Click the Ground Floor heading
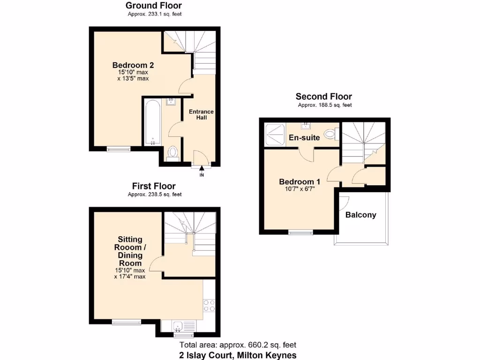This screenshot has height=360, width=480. pyautogui.click(x=154, y=6)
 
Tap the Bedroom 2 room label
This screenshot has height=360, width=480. pyautogui.click(x=133, y=65)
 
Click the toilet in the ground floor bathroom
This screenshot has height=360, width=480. pyautogui.click(x=172, y=152)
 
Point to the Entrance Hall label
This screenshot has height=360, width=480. pyautogui.click(x=201, y=114)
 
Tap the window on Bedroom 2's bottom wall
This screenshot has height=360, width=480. pyautogui.click(x=119, y=149)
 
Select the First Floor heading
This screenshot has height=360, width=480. pyautogui.click(x=154, y=186)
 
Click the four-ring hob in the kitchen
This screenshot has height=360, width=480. pyautogui.click(x=209, y=306)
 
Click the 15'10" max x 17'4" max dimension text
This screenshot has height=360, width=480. pyautogui.click(x=130, y=273)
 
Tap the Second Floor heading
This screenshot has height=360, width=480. pyautogui.click(x=324, y=97)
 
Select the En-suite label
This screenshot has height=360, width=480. pyautogui.click(x=304, y=137)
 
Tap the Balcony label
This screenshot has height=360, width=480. pyautogui.click(x=360, y=215)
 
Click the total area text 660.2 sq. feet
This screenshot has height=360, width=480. pyautogui.click(x=240, y=345)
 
